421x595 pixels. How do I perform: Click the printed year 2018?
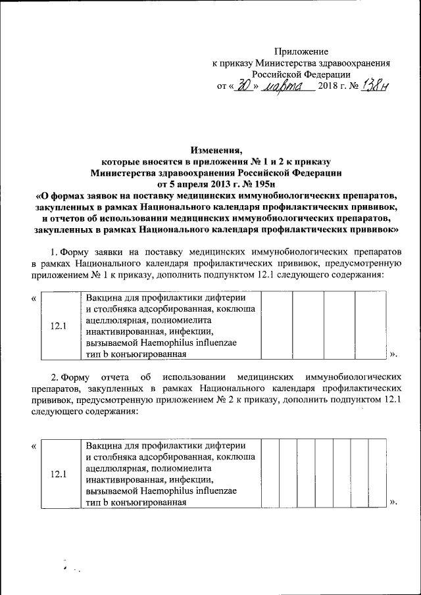point(328,87)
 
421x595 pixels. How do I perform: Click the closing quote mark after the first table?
point(393,355)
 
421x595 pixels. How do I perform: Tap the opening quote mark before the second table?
point(34,447)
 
